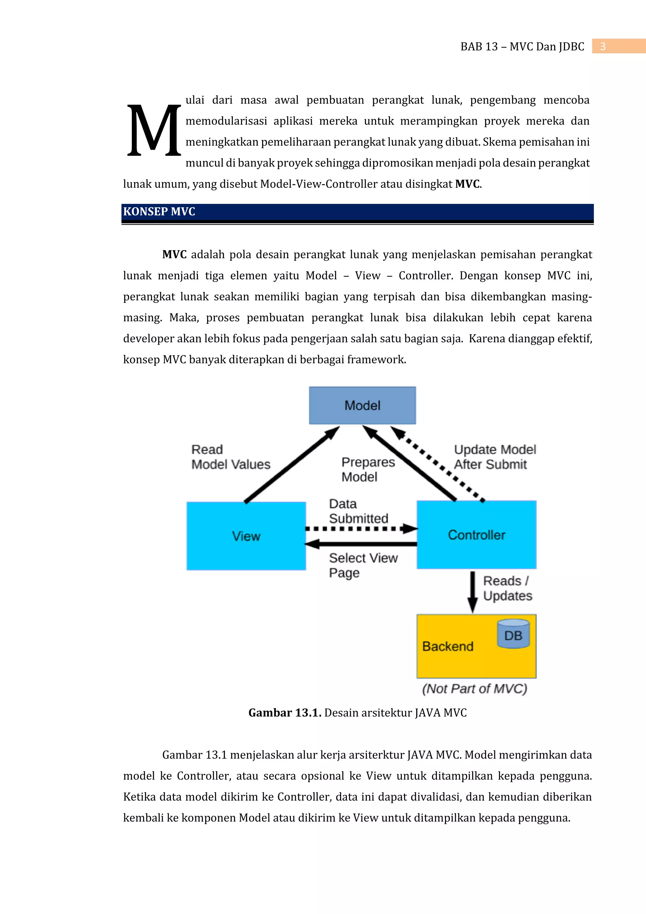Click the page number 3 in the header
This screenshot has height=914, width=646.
pyautogui.click(x=603, y=47)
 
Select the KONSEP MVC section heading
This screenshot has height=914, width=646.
pyautogui.click(x=159, y=211)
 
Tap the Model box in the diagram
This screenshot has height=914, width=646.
pyautogui.click(x=362, y=405)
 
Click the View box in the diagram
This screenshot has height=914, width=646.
pyautogui.click(x=246, y=536)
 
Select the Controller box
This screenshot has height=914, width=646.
pyautogui.click(x=477, y=535)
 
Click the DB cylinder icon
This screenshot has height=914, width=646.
pyautogui.click(x=513, y=633)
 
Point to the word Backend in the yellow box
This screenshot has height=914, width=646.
pyautogui.click(x=448, y=646)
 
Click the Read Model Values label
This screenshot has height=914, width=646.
pyautogui.click(x=230, y=457)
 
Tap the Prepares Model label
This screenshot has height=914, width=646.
pyautogui.click(x=368, y=469)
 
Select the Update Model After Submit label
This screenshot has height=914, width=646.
pyautogui.click(x=495, y=457)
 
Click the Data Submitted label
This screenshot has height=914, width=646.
pyautogui.click(x=358, y=511)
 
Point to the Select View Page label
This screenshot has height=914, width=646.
pyautogui.click(x=363, y=565)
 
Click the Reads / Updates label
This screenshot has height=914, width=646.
pyautogui.click(x=508, y=588)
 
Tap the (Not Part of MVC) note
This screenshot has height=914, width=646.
pyautogui.click(x=474, y=689)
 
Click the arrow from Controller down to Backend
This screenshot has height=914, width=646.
pyautogui.click(x=473, y=591)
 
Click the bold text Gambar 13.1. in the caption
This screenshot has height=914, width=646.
pyautogui.click(x=285, y=713)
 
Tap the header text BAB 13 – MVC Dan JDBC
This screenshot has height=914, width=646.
pyautogui.click(x=522, y=47)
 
